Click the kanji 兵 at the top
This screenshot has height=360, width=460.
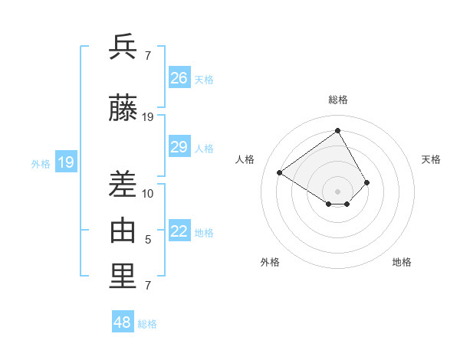point(123,47)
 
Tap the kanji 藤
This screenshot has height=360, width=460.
point(123,109)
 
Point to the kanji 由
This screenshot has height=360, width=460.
point(123,231)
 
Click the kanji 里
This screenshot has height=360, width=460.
point(123,277)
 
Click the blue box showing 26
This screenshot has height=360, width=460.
point(179,78)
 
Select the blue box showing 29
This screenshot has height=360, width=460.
point(179,147)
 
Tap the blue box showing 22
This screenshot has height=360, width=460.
point(179,232)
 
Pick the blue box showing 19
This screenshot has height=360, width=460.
point(66,162)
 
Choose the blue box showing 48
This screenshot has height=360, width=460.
point(123,322)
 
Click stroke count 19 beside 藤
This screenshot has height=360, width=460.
point(148,117)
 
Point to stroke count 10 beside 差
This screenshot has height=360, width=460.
point(148,193)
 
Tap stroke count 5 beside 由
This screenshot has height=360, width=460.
point(148,240)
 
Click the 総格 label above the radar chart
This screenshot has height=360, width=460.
point(337,100)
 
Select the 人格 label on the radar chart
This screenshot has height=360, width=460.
point(245,159)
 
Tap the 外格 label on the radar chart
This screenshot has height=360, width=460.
point(270,262)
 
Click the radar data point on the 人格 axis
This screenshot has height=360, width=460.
point(280,172)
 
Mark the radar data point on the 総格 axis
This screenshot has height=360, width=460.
point(337,131)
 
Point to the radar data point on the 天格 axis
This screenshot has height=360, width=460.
point(367,182)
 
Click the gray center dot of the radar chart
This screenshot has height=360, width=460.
point(337,191)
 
